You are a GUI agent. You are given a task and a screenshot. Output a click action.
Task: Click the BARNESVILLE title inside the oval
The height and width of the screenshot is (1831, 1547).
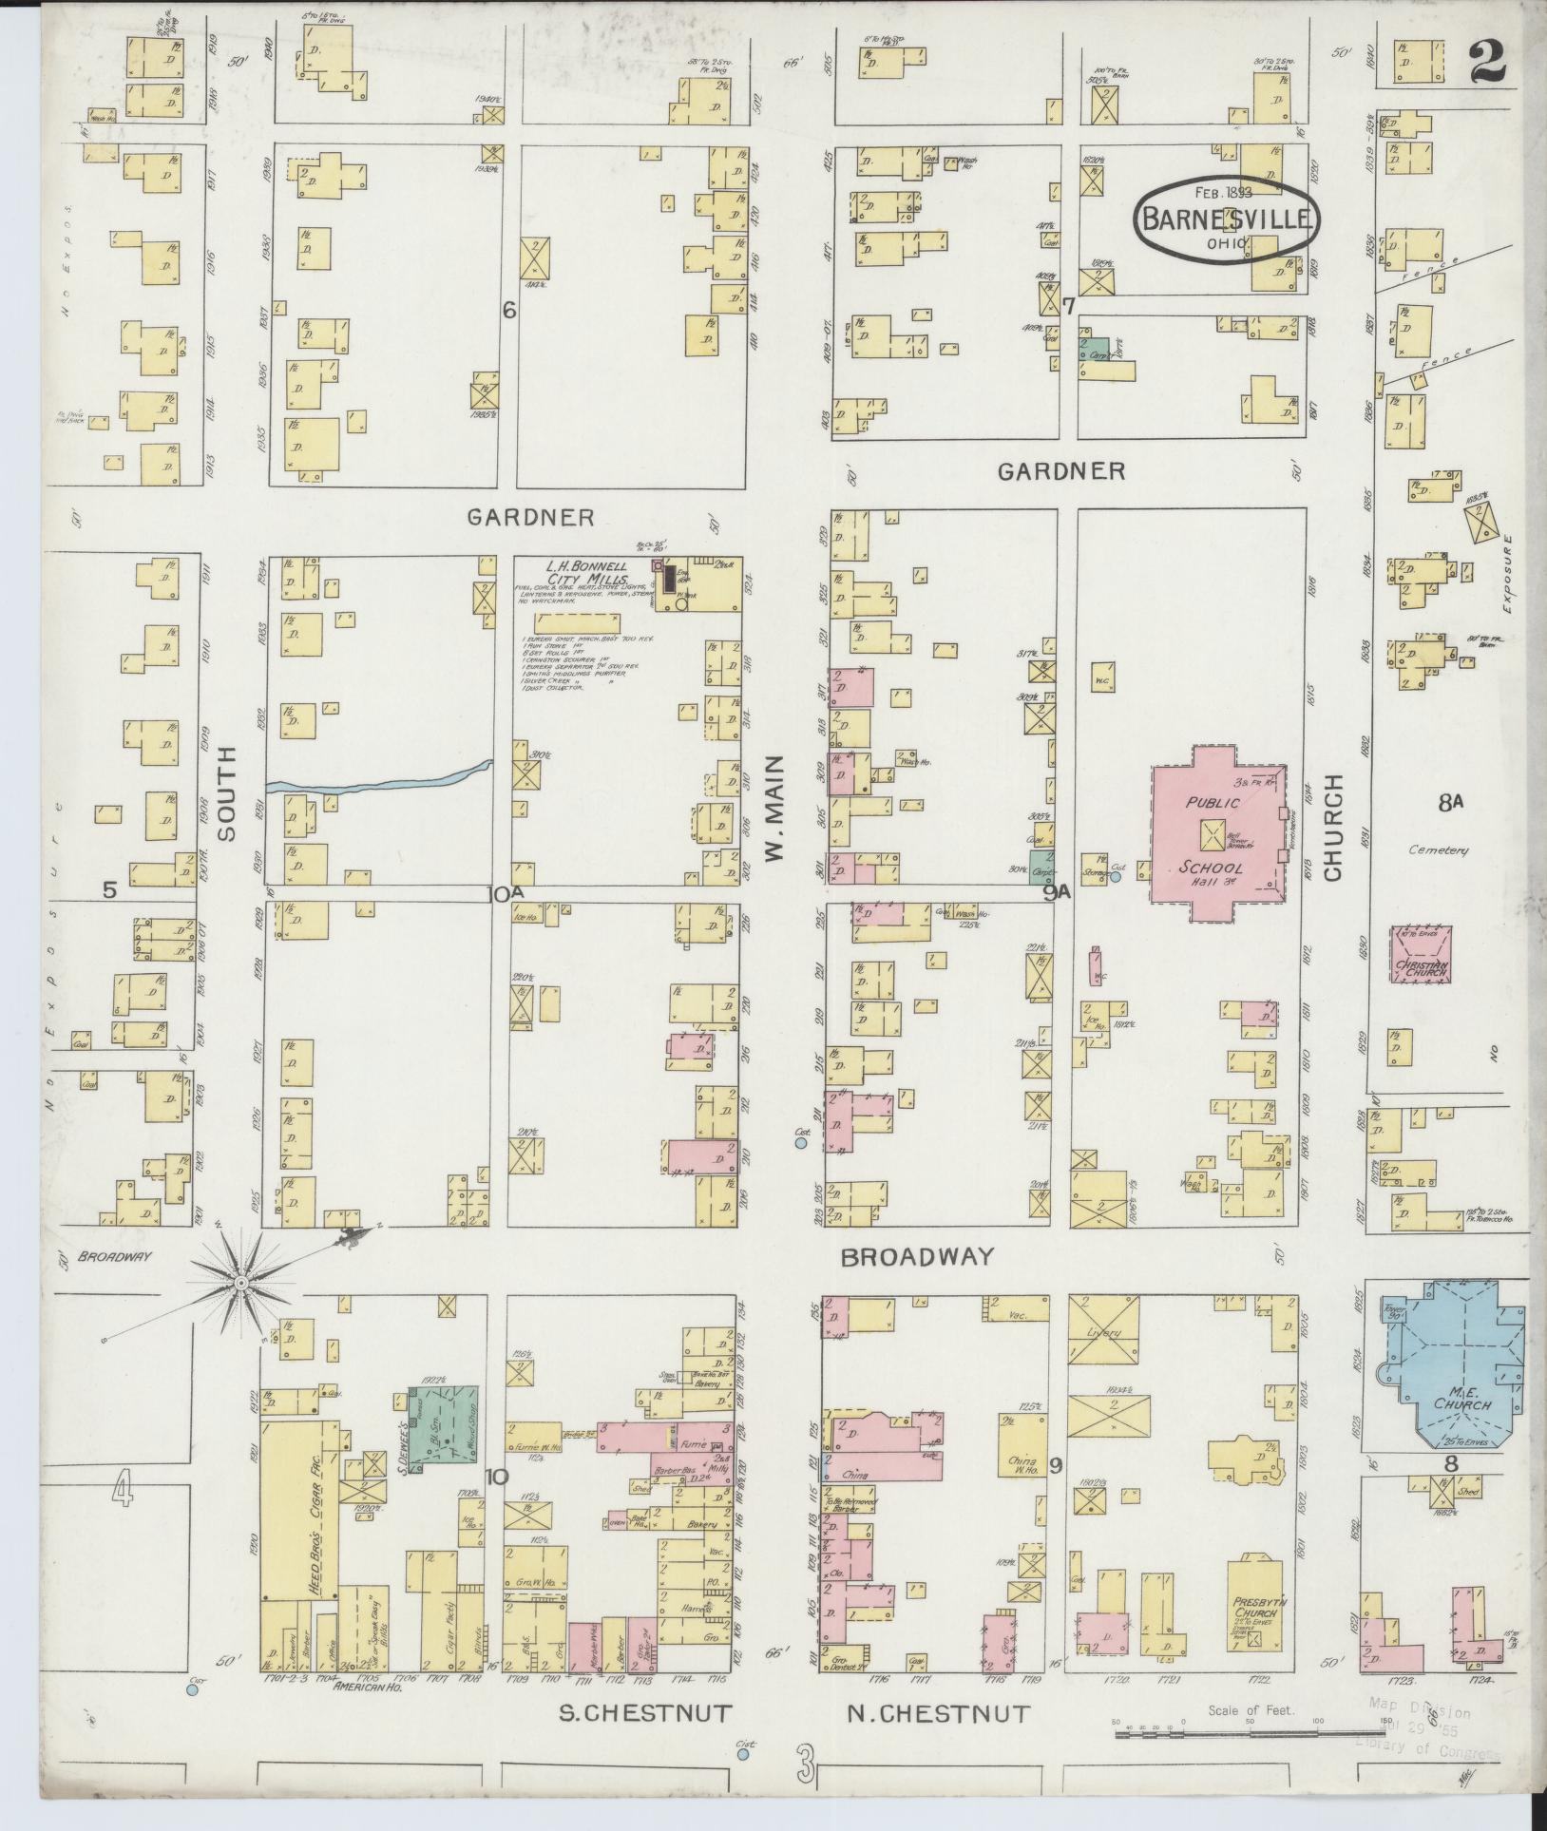coord(1227,219)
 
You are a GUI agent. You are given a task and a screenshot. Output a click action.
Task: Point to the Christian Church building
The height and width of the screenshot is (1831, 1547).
coord(1422,955)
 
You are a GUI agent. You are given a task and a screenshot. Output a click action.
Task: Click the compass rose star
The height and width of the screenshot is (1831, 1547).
coord(241,1283)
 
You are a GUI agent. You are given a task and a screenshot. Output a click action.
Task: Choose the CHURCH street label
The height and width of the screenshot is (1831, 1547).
coord(1332,827)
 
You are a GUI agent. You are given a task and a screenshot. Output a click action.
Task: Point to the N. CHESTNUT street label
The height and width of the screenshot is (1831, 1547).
coord(938,1712)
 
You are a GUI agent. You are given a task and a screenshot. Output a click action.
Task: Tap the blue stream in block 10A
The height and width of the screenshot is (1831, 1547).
coord(380,780)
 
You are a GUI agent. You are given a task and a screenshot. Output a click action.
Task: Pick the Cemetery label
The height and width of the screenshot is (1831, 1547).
coord(1439,850)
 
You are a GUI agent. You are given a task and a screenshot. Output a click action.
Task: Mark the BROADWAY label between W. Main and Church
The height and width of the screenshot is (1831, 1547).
coord(917,1256)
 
